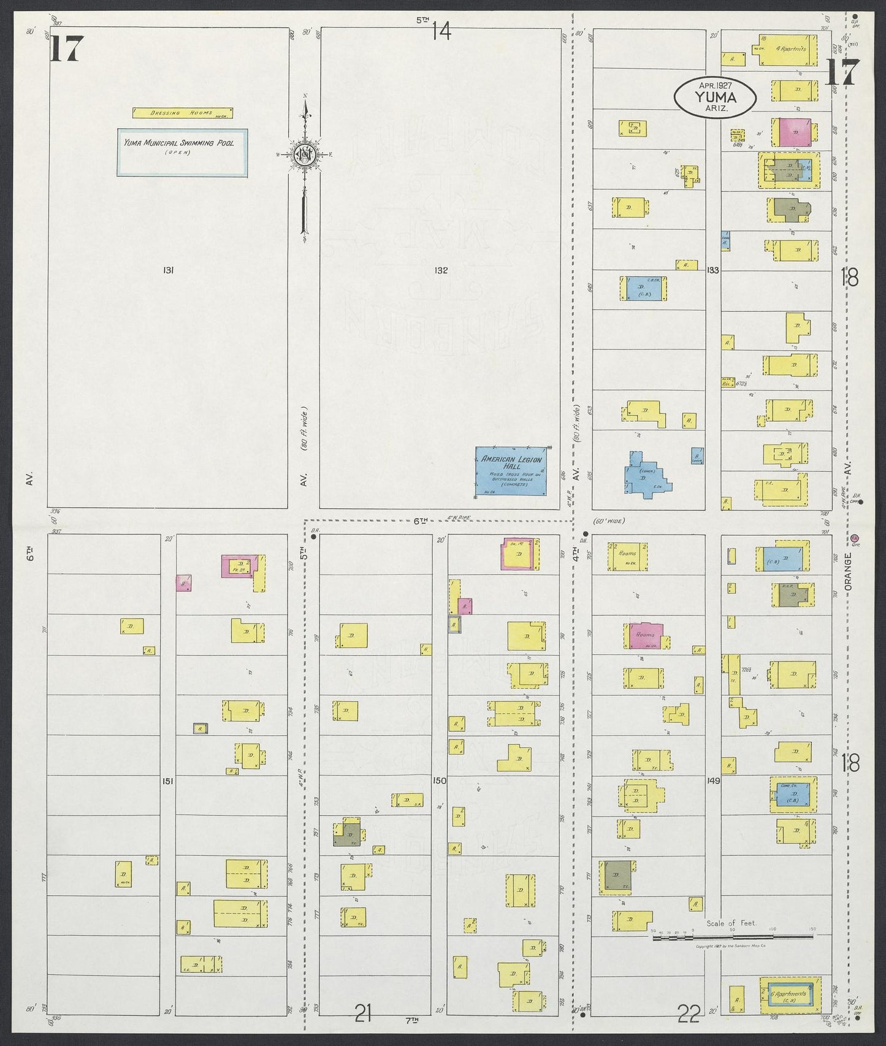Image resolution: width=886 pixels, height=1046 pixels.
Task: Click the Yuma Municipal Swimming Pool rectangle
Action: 183,152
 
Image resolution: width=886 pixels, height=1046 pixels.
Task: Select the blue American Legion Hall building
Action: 511,470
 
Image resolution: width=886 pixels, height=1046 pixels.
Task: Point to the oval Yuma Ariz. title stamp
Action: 714,96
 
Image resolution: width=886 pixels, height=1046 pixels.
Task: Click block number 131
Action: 169,270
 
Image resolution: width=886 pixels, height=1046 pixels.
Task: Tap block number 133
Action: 712,270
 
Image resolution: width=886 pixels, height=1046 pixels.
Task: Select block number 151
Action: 168,781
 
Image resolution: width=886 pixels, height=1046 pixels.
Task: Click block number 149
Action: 712,781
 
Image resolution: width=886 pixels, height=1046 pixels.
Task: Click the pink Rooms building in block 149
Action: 646,636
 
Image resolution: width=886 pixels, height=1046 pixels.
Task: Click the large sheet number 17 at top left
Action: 65,49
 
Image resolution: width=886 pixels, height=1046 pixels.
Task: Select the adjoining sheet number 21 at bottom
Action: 363,1017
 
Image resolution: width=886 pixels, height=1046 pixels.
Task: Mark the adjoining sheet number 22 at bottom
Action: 689,1017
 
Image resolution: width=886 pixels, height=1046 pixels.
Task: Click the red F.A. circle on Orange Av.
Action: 856,538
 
